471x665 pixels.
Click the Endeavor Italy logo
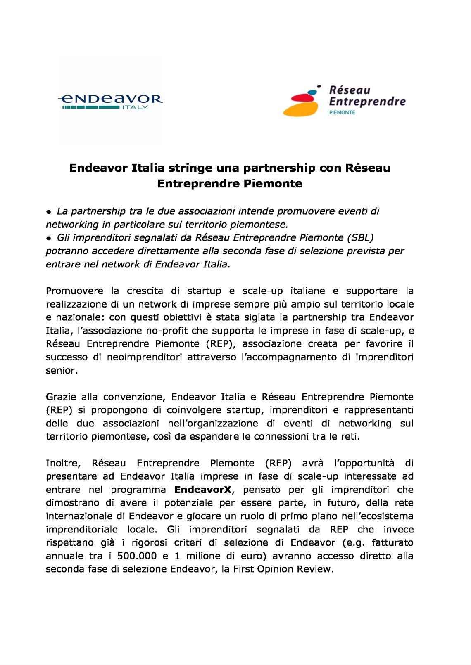(111, 101)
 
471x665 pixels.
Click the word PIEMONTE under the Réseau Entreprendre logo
(342, 112)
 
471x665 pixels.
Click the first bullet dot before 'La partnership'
(49, 212)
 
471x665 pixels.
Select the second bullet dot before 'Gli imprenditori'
(49, 238)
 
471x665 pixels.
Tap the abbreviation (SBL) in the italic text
(360, 238)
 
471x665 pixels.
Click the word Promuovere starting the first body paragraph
(74, 291)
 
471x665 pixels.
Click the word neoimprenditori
(144, 357)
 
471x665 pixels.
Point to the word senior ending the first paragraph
(61, 370)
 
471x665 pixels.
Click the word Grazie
(61, 397)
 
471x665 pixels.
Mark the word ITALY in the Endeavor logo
(135, 107)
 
